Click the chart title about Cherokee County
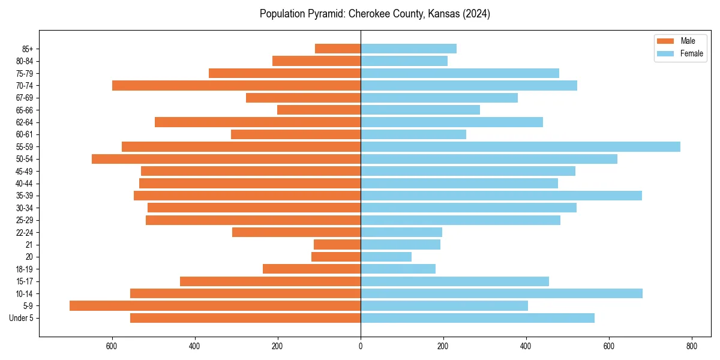[375, 14]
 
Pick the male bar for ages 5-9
[215, 305]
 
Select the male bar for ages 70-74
[236, 85]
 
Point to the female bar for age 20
[386, 257]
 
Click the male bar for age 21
[337, 244]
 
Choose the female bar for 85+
[409, 49]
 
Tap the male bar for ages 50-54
[226, 159]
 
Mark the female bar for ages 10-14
[502, 293]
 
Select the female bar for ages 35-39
[501, 196]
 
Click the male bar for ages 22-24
[296, 232]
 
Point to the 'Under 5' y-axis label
[21, 318]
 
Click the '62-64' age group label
[25, 122]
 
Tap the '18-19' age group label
[25, 269]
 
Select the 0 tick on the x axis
[361, 346]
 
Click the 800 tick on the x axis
[692, 346]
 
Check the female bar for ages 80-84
[404, 61]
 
